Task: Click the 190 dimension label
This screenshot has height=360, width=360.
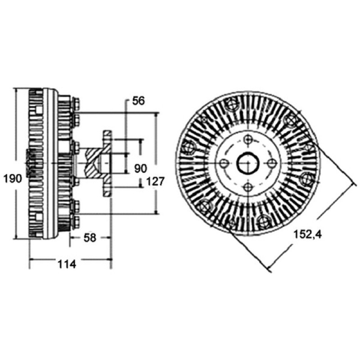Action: (13, 179)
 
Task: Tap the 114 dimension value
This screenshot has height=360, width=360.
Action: (67, 264)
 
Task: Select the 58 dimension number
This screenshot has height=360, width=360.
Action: (90, 238)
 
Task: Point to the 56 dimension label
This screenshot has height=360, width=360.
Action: (139, 101)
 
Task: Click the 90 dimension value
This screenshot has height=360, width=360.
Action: (140, 169)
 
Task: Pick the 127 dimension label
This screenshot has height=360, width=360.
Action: (155, 182)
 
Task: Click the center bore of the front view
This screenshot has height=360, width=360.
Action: (248, 163)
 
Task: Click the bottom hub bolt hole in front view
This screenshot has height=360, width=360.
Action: (248, 187)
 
